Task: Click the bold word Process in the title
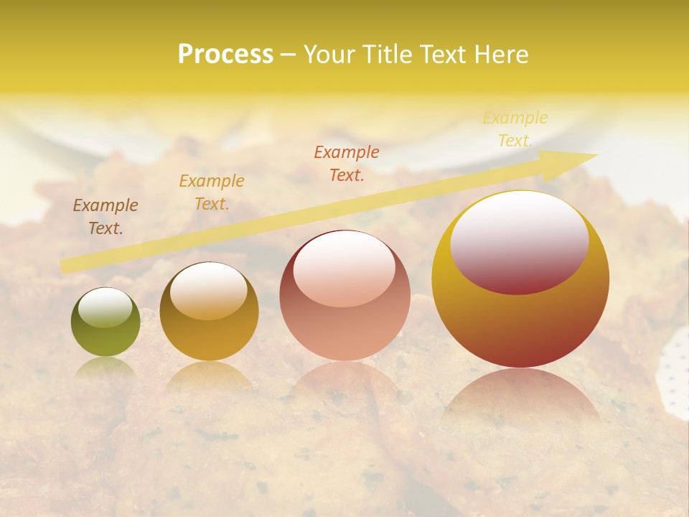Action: pos(225,55)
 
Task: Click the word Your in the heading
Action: pos(329,55)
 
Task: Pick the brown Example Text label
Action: pos(106,216)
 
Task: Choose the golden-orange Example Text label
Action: pos(212,192)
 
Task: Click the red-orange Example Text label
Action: pos(347,163)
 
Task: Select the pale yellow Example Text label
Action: pos(515,129)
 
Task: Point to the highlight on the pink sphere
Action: pos(344,269)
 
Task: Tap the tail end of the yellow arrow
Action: pos(65,267)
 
